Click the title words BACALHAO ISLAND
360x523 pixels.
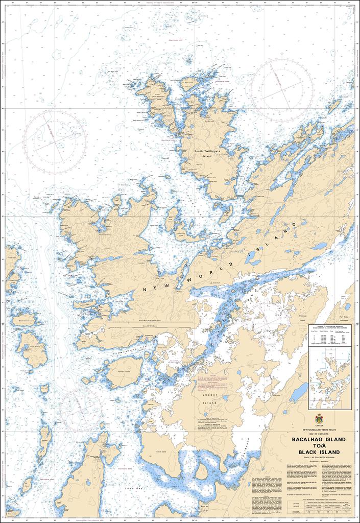tap(318, 439)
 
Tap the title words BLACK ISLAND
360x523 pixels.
tap(318, 452)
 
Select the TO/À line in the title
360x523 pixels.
tap(318, 445)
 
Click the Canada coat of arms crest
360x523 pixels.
tap(319, 418)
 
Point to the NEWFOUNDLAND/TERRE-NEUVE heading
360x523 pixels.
tap(318, 430)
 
